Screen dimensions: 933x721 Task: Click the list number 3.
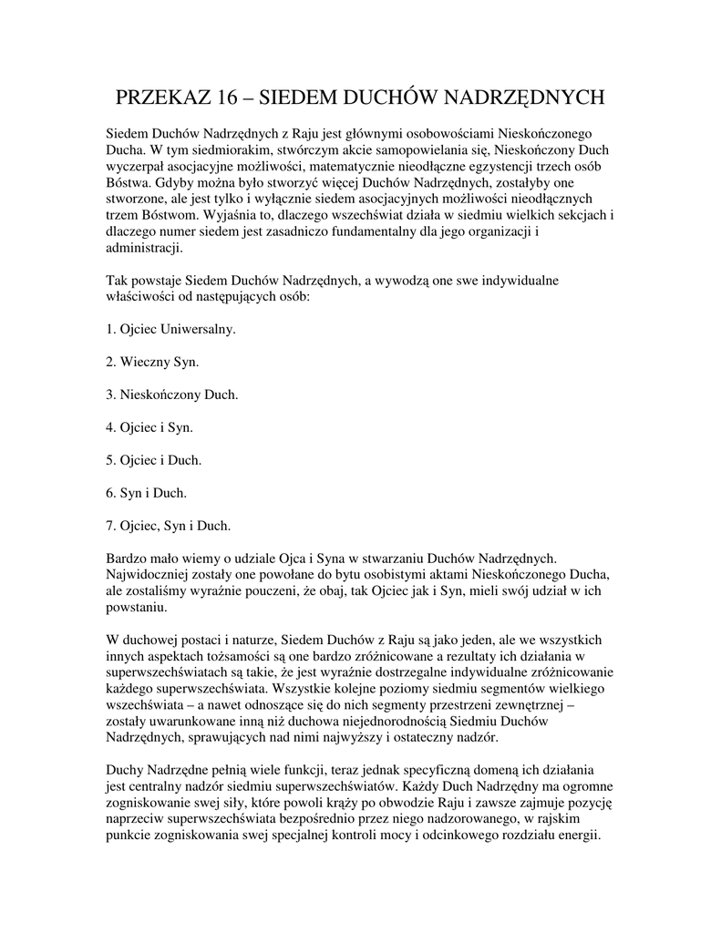[x=110, y=394]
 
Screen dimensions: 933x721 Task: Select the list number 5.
[x=110, y=459]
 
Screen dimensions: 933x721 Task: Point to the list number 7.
[x=110, y=525]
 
